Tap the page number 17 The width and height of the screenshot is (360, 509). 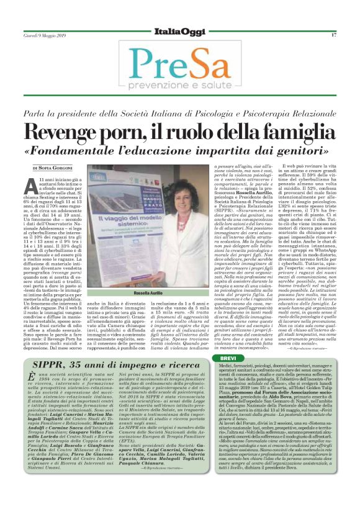pyautogui.click(x=333, y=35)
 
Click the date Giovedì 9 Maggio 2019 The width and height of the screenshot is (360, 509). pyautogui.click(x=46, y=35)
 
